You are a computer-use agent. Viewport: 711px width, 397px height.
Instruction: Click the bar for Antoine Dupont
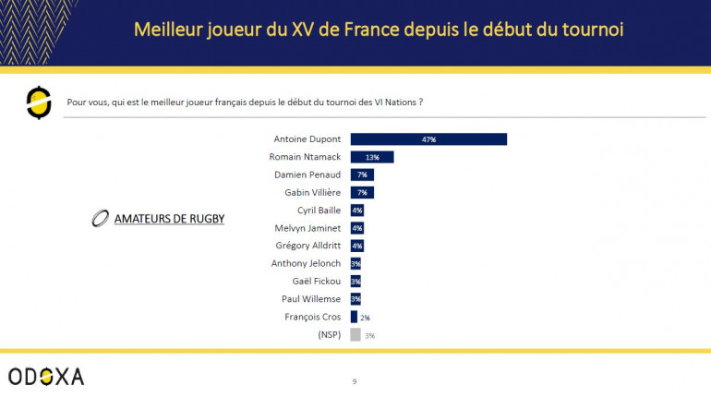428,139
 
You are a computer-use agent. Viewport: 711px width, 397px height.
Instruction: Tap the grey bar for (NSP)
355,335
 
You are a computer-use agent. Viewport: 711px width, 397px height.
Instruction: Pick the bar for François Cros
354,317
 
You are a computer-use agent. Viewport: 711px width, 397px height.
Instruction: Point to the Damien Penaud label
307,174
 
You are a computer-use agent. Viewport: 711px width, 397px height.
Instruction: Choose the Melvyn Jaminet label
307,228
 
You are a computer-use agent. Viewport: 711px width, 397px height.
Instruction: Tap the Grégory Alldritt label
306,246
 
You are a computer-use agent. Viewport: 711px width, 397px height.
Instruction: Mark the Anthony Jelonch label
306,263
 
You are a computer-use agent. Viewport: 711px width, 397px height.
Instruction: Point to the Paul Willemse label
310,299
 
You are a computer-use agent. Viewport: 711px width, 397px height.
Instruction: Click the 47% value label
428,139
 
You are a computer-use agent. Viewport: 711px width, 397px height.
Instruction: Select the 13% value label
372,157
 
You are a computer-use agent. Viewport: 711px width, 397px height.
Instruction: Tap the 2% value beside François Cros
365,318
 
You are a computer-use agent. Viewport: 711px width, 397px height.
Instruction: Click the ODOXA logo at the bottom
46,376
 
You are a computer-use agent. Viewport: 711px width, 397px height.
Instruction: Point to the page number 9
355,380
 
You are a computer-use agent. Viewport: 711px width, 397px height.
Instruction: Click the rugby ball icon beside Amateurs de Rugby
100,220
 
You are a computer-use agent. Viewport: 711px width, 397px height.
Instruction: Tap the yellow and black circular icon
39,102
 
